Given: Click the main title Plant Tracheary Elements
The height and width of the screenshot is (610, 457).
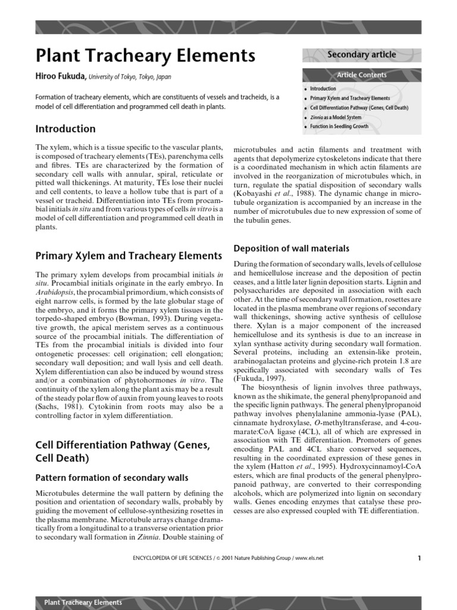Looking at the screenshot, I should tap(145, 56).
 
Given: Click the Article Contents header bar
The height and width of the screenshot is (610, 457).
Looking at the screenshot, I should tap(361, 75).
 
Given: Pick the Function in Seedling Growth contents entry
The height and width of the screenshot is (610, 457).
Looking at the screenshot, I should tap(339, 126).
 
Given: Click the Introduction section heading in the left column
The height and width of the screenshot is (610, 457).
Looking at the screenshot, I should tap(65, 129).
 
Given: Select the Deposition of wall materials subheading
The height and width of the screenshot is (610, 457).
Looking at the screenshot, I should tap(292, 248).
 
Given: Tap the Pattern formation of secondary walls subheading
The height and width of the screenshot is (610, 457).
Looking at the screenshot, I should tap(112, 478).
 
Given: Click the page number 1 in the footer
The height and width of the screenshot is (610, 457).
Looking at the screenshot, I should tap(419, 558).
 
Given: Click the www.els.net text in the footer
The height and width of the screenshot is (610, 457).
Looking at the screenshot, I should tap(310, 558).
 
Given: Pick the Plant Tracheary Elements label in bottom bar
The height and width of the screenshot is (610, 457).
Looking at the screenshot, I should tap(83, 602).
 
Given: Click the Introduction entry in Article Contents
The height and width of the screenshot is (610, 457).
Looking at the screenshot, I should tap(323, 89).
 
